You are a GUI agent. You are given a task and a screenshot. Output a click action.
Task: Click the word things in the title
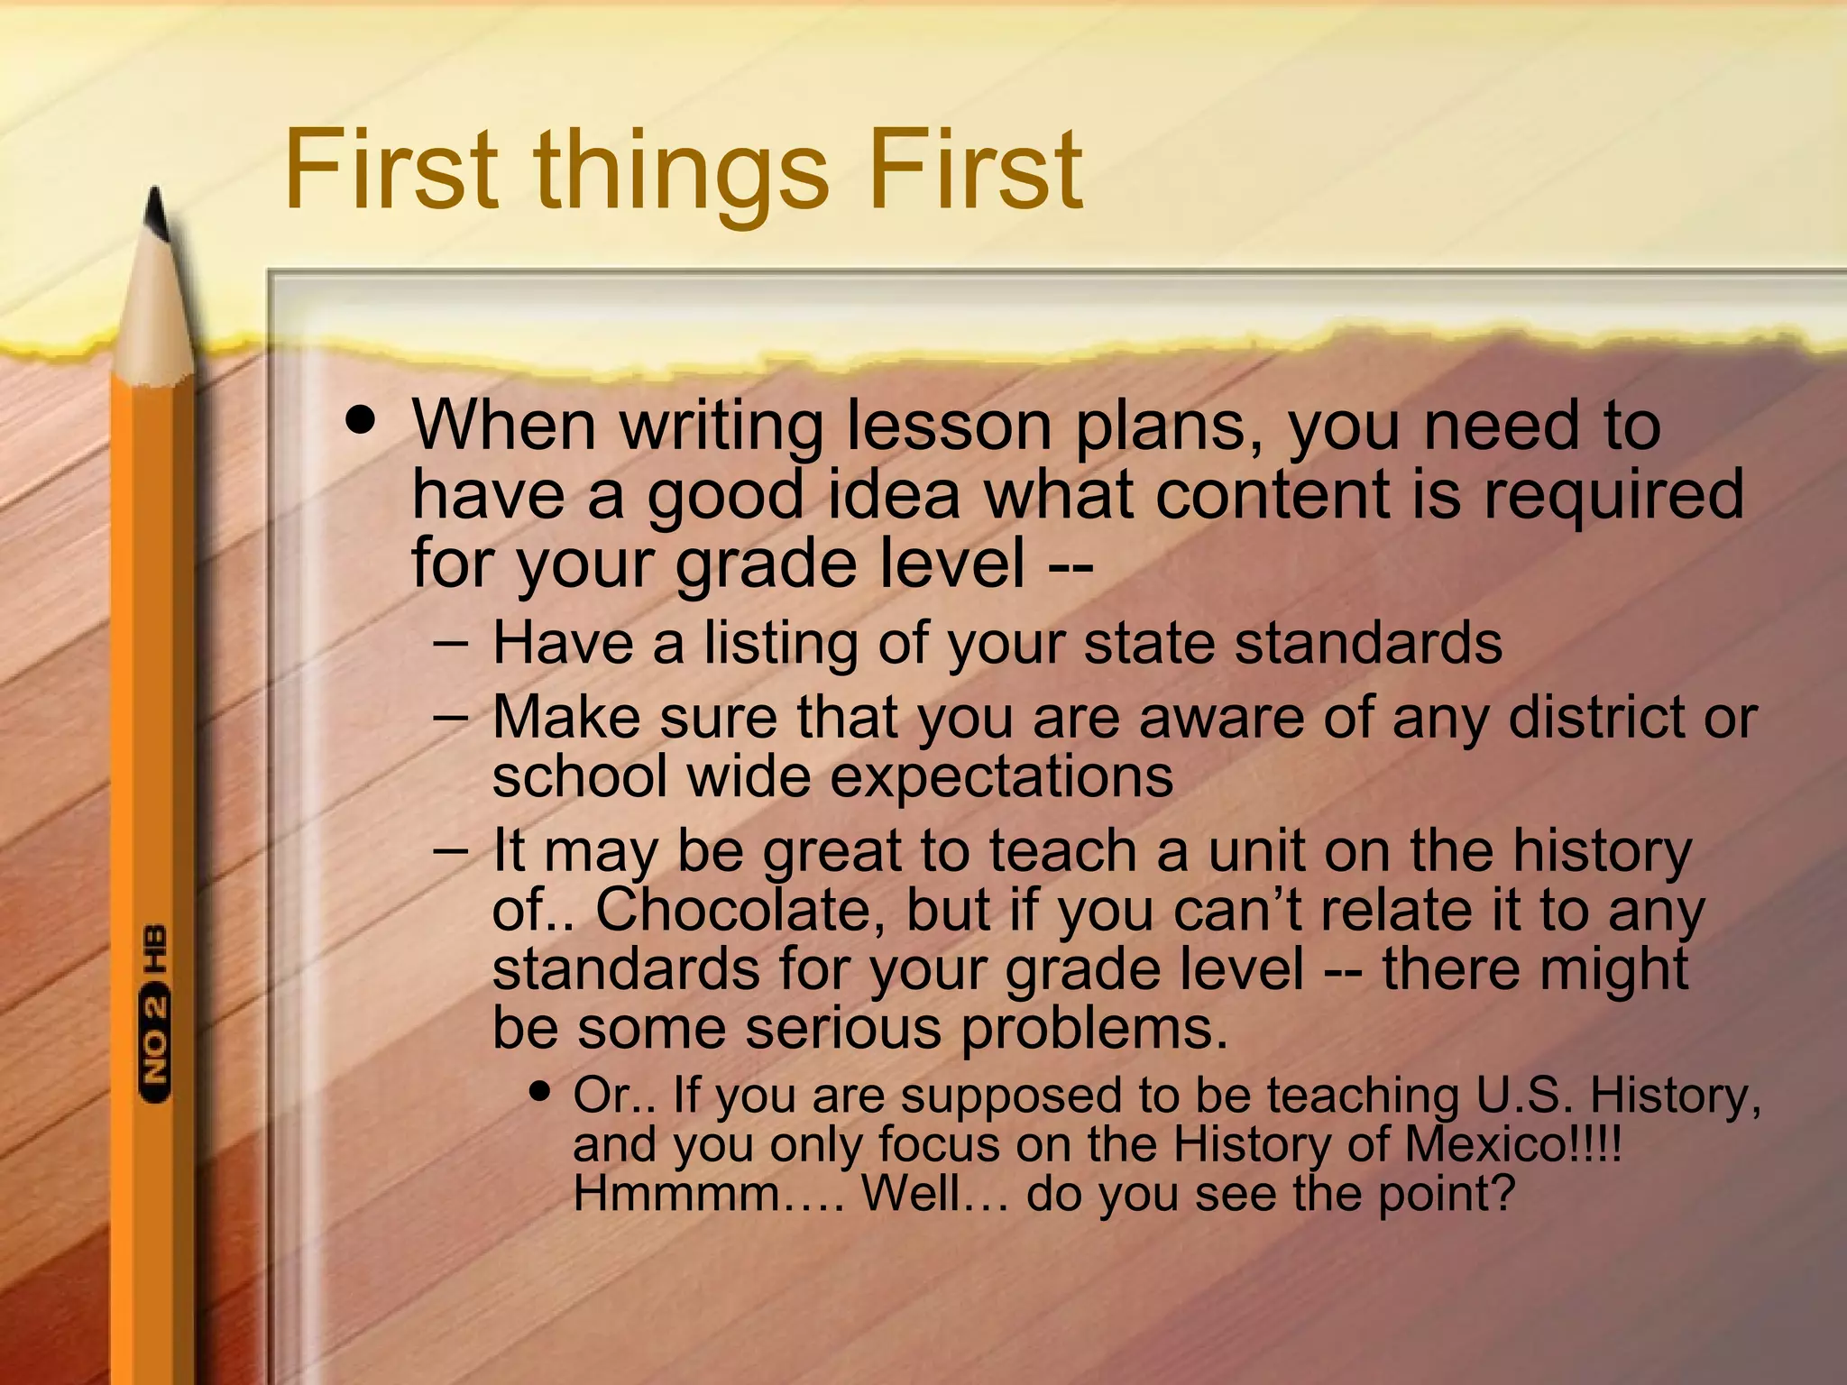click(x=681, y=171)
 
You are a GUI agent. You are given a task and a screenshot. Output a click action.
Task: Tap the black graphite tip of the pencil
click(x=158, y=215)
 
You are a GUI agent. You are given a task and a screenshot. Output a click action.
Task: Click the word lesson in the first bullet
click(x=949, y=426)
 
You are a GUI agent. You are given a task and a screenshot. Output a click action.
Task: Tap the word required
click(x=1614, y=496)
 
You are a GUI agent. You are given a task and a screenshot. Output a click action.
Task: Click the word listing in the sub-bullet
click(x=780, y=644)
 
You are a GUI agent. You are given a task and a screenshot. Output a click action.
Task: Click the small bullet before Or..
click(x=540, y=1092)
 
